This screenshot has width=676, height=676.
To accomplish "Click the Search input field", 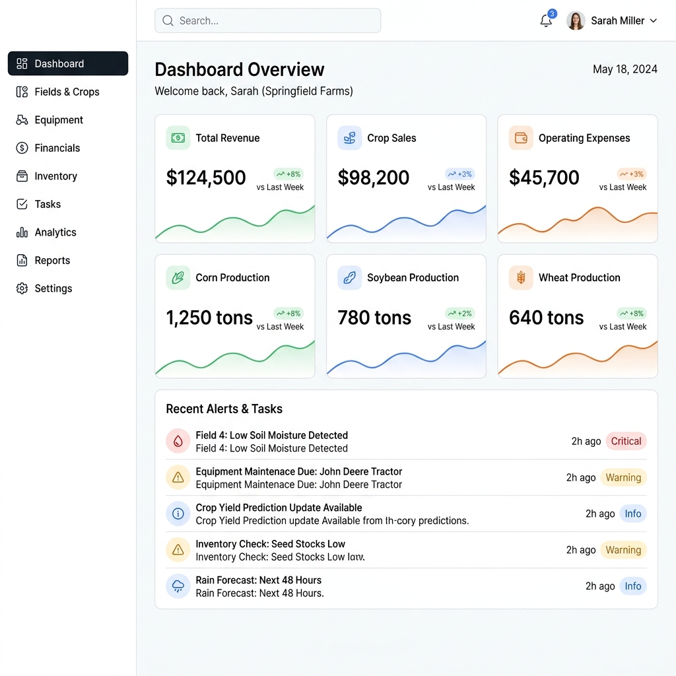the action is click(267, 20).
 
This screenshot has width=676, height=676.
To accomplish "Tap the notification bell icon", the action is click(546, 20).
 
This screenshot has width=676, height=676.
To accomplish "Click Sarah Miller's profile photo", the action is click(576, 20).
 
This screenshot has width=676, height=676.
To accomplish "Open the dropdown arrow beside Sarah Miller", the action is click(653, 20).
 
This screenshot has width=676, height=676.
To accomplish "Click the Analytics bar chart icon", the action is click(22, 232).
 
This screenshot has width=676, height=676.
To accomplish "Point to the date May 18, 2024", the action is click(625, 69).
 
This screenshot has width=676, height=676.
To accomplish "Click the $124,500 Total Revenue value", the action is click(206, 178).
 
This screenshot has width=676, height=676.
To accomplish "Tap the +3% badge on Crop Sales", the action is click(459, 174).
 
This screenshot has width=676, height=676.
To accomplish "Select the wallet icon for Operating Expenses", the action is click(521, 138).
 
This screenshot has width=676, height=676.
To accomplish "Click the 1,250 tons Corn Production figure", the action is click(209, 318).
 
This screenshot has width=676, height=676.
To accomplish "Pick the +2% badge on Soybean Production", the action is click(459, 314).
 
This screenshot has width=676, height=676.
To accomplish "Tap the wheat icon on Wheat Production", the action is click(521, 278).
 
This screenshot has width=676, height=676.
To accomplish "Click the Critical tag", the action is click(626, 441).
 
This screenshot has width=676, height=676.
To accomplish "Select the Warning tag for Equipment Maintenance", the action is click(623, 477).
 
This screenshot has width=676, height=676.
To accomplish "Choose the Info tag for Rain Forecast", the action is click(633, 586).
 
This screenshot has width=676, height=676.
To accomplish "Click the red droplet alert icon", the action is click(178, 441).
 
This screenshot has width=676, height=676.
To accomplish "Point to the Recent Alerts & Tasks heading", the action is click(224, 409).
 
